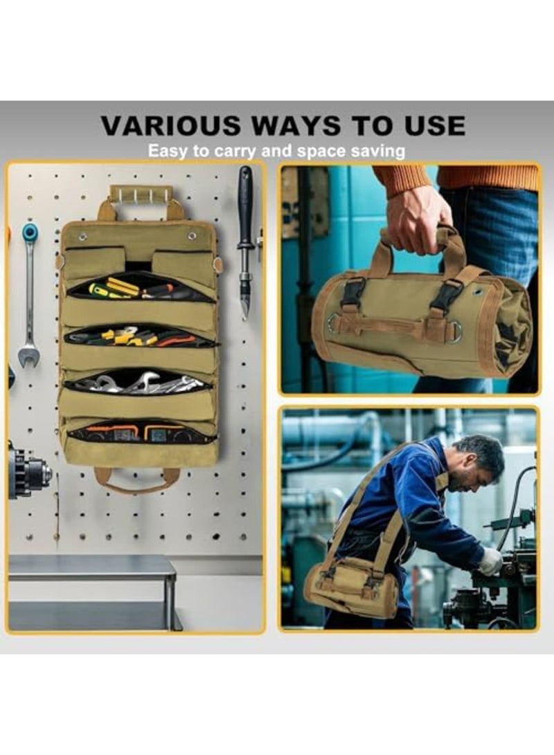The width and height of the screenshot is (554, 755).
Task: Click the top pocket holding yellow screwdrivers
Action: click(138, 286)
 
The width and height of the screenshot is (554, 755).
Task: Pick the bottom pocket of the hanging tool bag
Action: click(138, 432)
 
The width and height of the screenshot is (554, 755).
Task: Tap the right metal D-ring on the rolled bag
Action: click(454, 334)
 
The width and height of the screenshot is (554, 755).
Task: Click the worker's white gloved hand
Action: click(490, 561)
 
